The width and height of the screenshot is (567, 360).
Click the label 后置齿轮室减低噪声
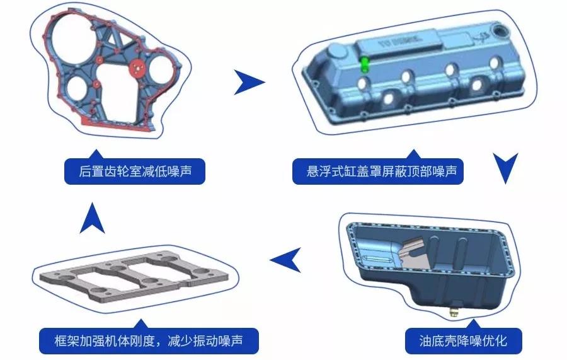coord(135,171)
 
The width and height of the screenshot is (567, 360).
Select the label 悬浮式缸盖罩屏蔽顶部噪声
coord(377,171)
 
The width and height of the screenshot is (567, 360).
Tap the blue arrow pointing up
coord(93,218)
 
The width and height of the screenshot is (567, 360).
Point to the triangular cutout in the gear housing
coord(115,42)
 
